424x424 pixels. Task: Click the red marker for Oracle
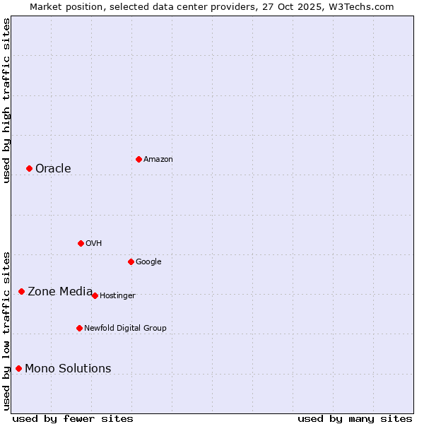pyautogui.click(x=29, y=168)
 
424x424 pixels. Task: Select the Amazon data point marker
pyautogui.click(x=139, y=159)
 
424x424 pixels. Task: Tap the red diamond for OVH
pyautogui.click(x=81, y=243)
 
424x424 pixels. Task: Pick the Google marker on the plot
pyautogui.click(x=131, y=261)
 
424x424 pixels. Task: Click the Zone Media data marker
pyautogui.click(x=21, y=291)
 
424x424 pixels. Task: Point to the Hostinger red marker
pyautogui.click(x=95, y=295)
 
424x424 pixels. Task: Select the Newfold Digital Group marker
pyautogui.click(x=79, y=328)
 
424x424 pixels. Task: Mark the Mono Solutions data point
pyautogui.click(x=18, y=368)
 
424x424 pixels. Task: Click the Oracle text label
pyautogui.click(x=53, y=168)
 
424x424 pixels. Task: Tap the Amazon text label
pyautogui.click(x=158, y=159)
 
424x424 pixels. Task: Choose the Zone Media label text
pyautogui.click(x=60, y=291)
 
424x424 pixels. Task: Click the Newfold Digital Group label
pyautogui.click(x=125, y=328)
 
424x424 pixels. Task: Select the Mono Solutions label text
pyautogui.click(x=68, y=368)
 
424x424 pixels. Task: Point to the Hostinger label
pyautogui.click(x=117, y=295)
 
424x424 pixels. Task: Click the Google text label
pyautogui.click(x=148, y=261)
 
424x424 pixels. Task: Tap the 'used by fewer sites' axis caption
pyautogui.click(x=73, y=418)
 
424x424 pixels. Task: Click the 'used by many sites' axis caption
pyautogui.click(x=355, y=418)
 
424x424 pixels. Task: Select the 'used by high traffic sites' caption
pyautogui.click(x=6, y=100)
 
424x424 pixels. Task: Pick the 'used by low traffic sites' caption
pyautogui.click(x=6, y=330)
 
